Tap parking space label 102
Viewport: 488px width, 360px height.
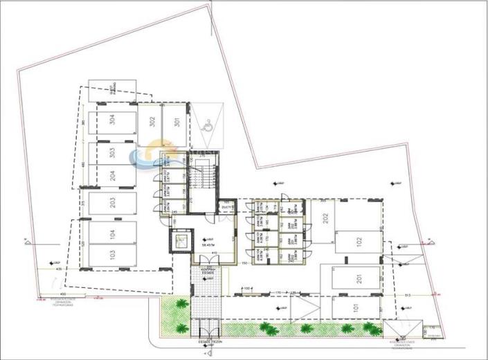pos(359,242)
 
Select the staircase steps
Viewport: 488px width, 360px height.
pos(202,183)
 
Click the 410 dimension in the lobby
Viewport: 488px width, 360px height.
pos(215,254)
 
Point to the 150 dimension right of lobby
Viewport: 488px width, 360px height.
pos(245,264)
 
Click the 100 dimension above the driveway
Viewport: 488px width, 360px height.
pos(246,287)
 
